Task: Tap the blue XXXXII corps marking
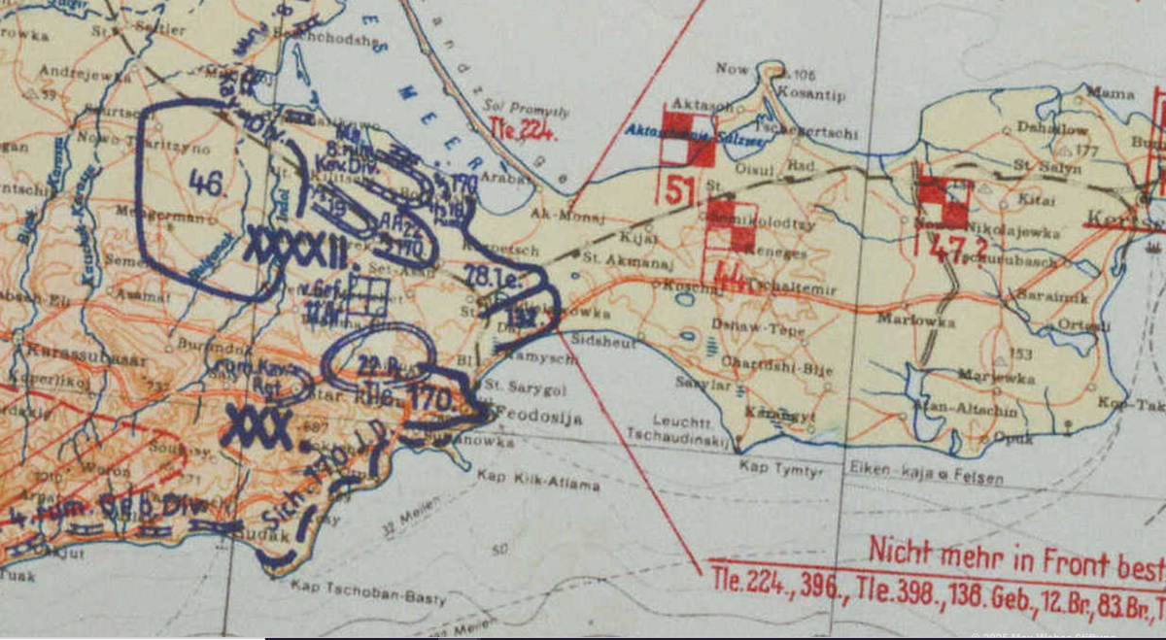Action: pos(296,246)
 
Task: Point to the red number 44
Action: pos(730,279)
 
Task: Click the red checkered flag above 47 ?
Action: pos(943,202)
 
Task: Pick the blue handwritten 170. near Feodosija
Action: pos(430,399)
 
